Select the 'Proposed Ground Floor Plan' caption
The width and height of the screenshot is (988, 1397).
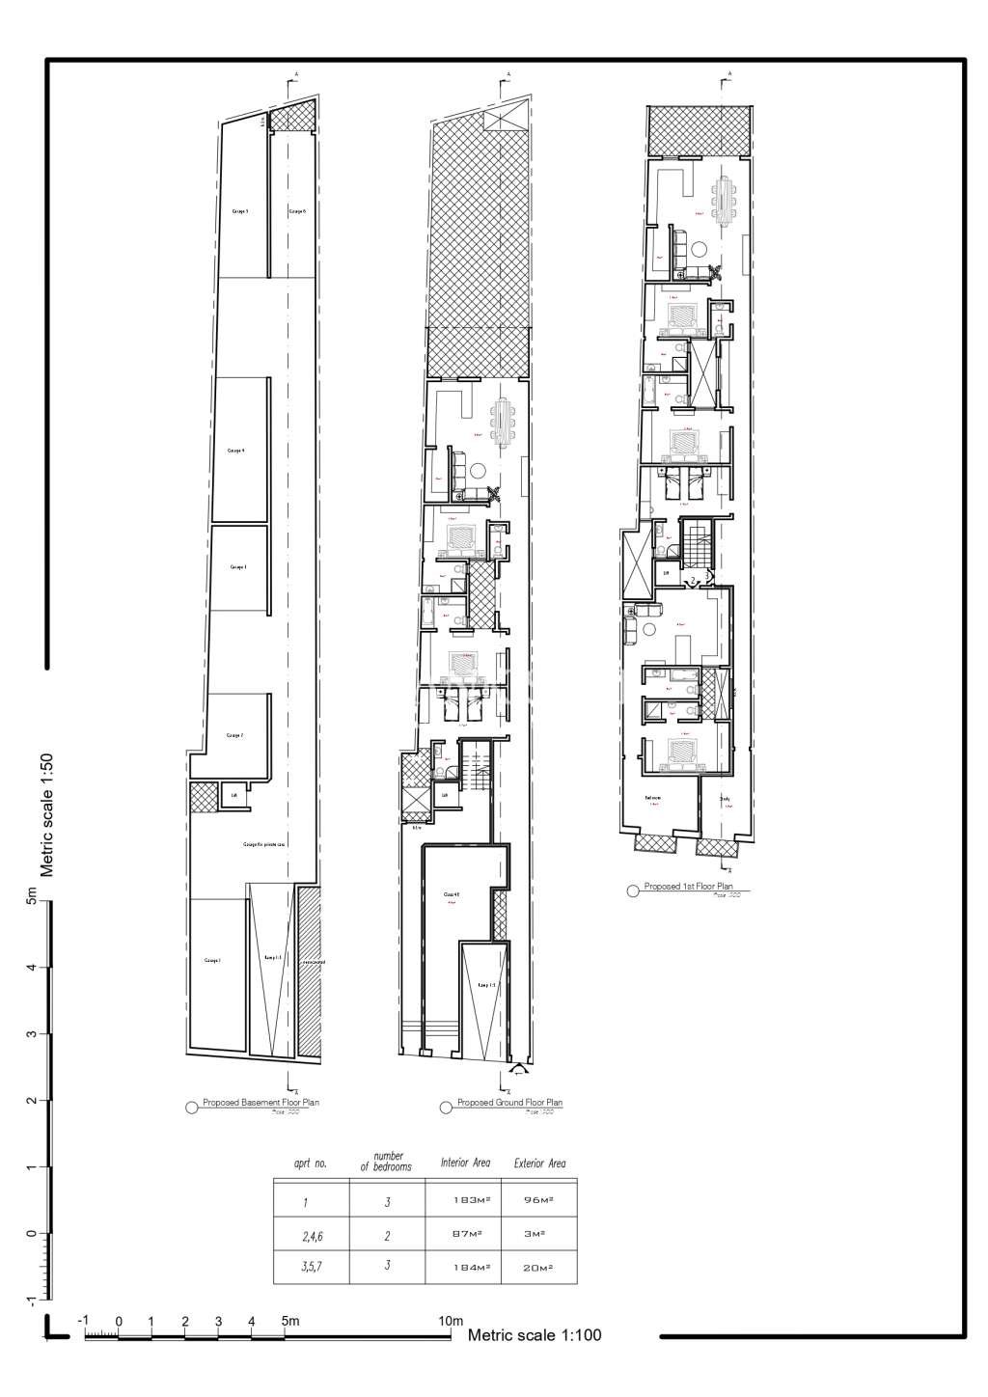pyautogui.click(x=509, y=1102)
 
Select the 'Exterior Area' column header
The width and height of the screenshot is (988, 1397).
pyautogui.click(x=540, y=1164)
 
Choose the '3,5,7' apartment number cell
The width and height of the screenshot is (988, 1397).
pyautogui.click(x=310, y=1266)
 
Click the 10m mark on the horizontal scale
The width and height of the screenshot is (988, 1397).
pyautogui.click(x=451, y=1321)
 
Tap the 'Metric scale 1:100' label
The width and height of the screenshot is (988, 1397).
pyautogui.click(x=535, y=1335)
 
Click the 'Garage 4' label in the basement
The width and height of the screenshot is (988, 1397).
pyautogui.click(x=236, y=450)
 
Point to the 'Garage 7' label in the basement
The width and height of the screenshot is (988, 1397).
pyautogui.click(x=234, y=735)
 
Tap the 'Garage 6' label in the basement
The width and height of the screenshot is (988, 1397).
pyautogui.click(x=297, y=210)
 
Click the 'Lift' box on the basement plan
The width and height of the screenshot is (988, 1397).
pyautogui.click(x=233, y=796)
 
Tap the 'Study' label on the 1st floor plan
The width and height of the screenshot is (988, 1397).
pyautogui.click(x=725, y=799)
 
